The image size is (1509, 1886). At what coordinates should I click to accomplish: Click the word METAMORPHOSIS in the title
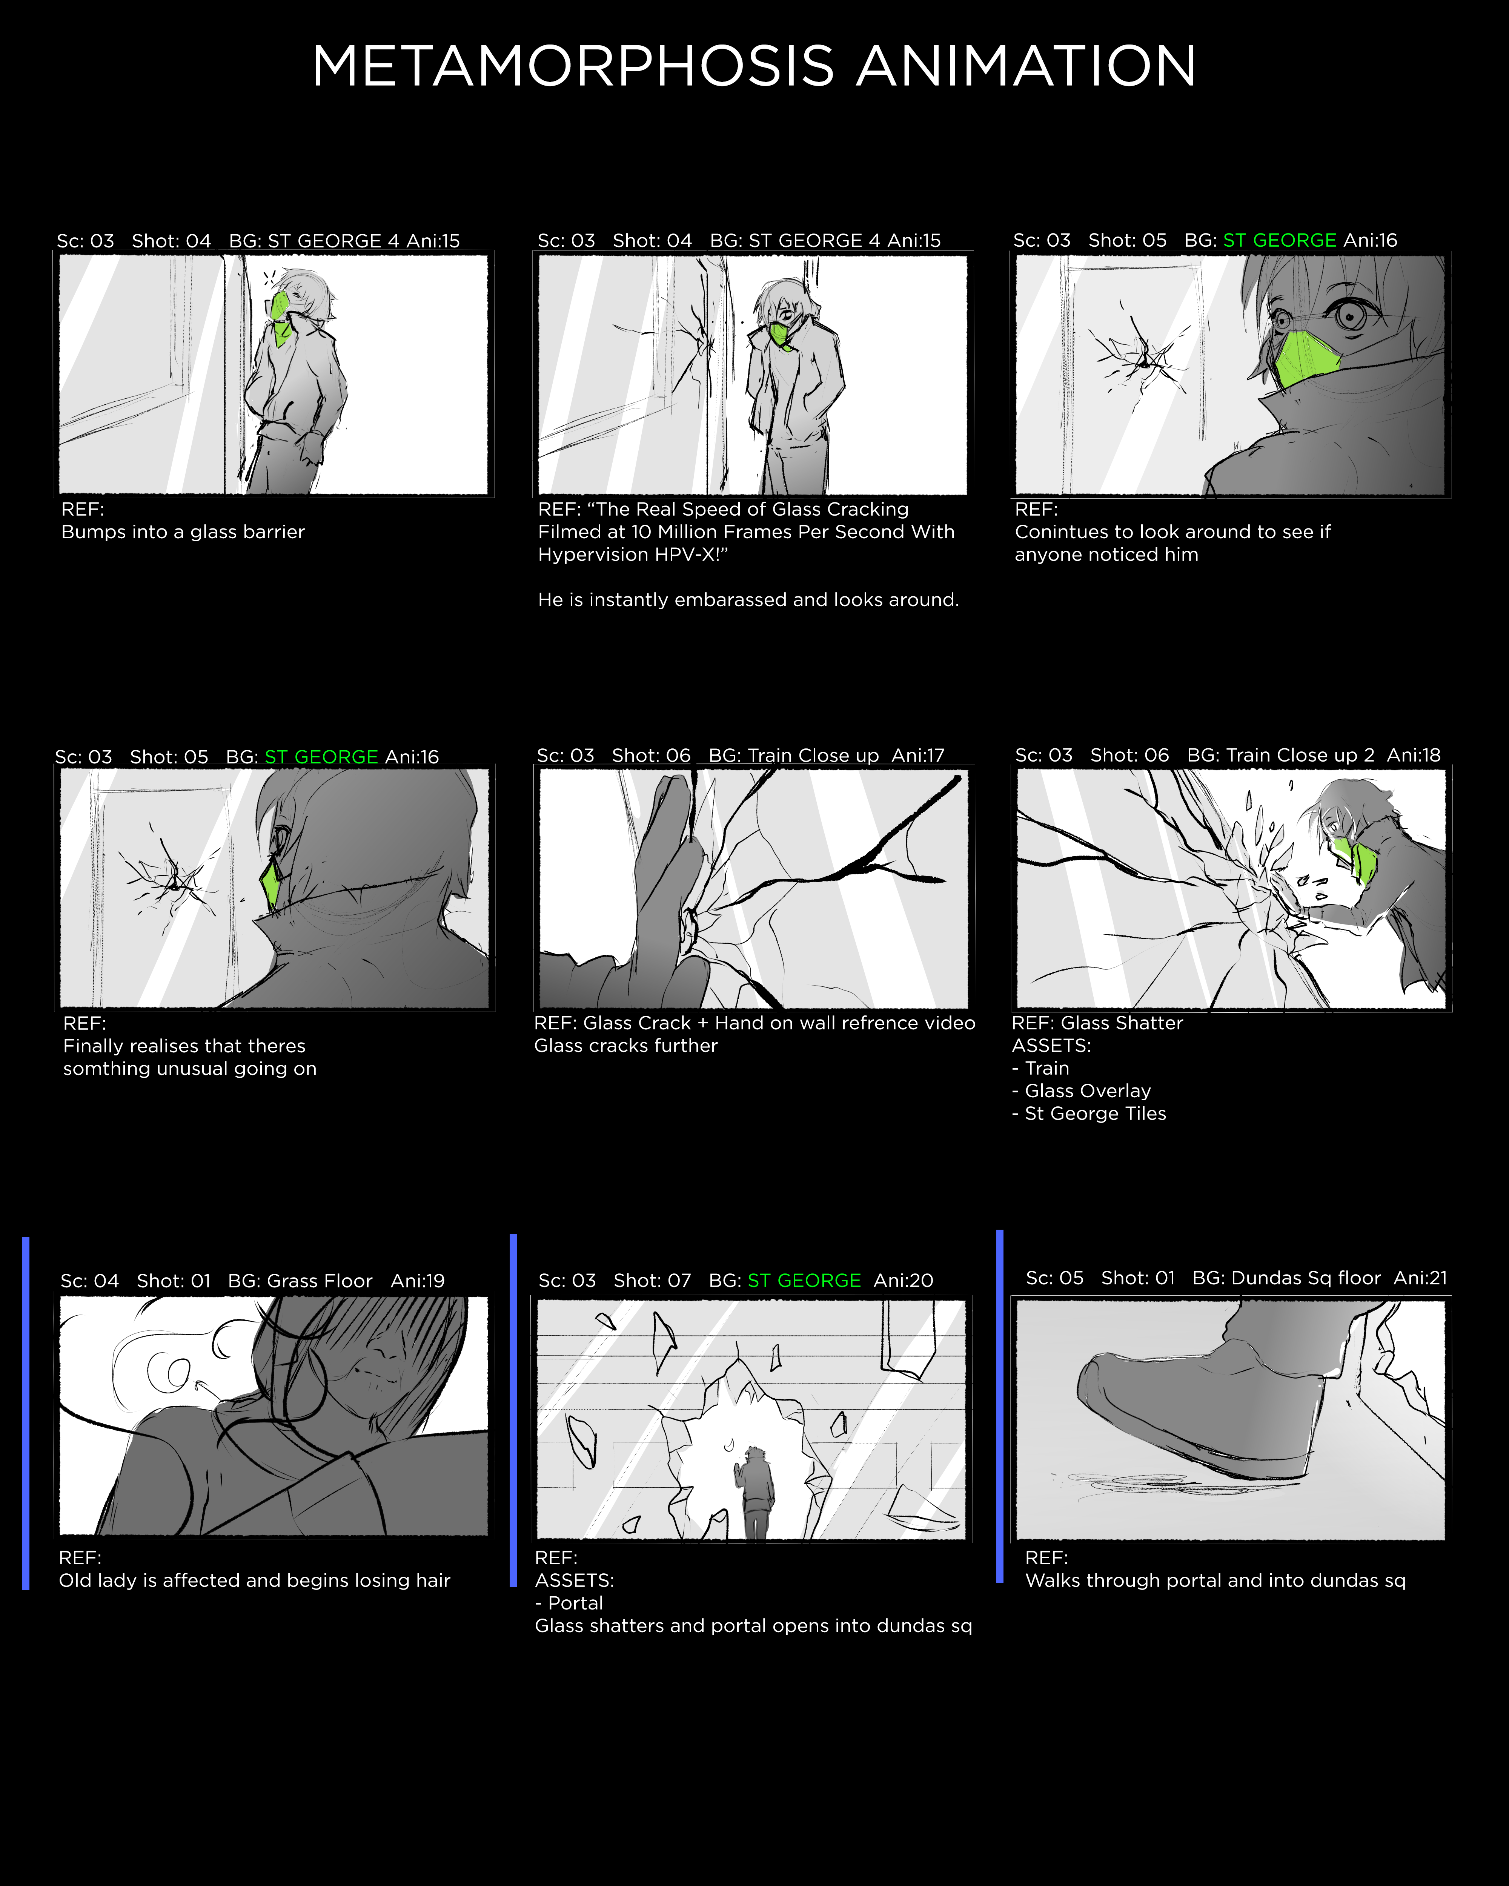573,66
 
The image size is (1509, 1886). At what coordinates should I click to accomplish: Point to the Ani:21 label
1420,1278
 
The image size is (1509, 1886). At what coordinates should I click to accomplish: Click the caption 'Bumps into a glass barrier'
183,532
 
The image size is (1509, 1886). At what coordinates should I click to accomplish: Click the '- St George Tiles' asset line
1089,1113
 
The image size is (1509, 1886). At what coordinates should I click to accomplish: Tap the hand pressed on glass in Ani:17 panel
669,883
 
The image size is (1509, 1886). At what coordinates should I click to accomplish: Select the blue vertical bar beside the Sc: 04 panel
26,1413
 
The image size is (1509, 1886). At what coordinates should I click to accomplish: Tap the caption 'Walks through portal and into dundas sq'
1215,1581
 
